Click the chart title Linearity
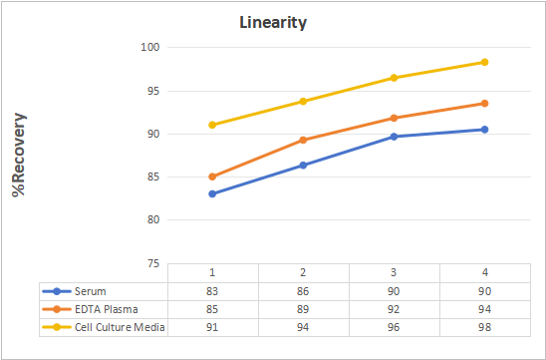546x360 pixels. point(273,23)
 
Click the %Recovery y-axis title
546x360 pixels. point(19,155)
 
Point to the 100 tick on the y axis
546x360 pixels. point(150,47)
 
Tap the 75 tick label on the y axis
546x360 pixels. point(153,264)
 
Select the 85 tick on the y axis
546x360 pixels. point(153,178)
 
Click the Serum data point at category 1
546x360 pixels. point(212,193)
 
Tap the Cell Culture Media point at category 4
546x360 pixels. point(484,62)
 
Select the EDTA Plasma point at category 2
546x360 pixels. point(303,140)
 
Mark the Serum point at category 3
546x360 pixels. point(394,137)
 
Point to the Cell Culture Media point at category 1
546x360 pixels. point(212,125)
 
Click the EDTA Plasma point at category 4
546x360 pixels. point(484,103)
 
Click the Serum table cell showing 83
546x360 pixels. point(212,291)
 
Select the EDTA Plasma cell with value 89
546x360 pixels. point(303,309)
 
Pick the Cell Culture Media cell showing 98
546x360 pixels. point(484,327)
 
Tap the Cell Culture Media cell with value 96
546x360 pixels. point(394,327)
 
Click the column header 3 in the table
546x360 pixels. point(394,272)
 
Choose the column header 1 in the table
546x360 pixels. point(212,272)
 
